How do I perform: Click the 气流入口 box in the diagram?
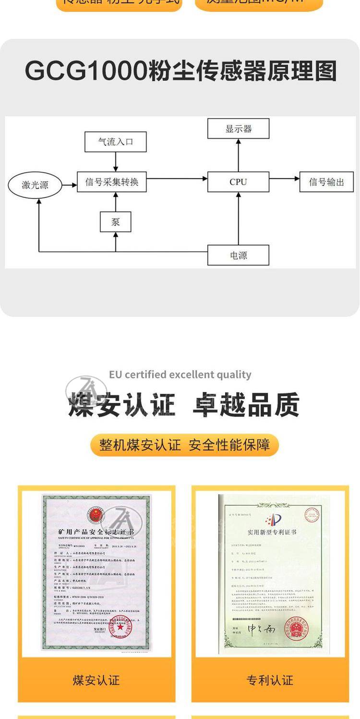[x=115, y=142]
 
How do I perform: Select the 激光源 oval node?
[x=35, y=185]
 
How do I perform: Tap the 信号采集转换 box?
[x=112, y=182]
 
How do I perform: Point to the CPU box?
[x=238, y=182]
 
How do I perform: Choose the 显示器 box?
[x=238, y=129]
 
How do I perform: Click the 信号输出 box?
[x=326, y=182]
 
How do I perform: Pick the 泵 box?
[x=115, y=222]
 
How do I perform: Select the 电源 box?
[x=238, y=255]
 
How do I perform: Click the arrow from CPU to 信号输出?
[x=284, y=179]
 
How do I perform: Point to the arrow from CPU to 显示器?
[x=239, y=155]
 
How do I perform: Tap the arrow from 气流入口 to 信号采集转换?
[x=115, y=162]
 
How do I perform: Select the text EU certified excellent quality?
[x=180, y=375]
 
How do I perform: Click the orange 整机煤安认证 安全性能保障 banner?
[x=184, y=445]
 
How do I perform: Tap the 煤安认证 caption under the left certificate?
[x=96, y=680]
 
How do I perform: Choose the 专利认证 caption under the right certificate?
[x=270, y=680]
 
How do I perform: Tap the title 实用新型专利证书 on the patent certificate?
[x=272, y=532]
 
